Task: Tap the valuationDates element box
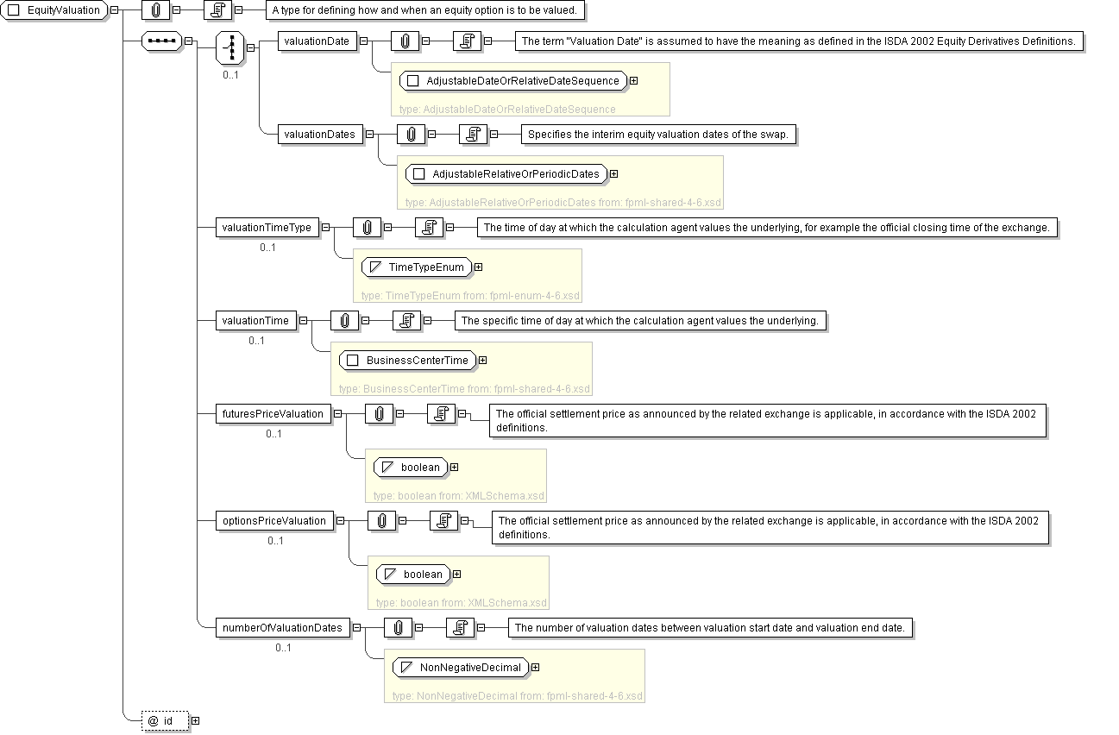click(318, 134)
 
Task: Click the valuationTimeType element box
click(267, 228)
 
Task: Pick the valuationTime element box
click(255, 321)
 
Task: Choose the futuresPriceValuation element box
click(273, 414)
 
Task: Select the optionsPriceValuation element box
click(274, 521)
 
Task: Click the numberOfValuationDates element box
click(282, 628)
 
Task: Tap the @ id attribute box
click(166, 720)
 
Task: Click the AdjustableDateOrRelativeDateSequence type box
click(514, 81)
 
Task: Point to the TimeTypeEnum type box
click(417, 267)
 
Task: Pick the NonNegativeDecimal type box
click(461, 668)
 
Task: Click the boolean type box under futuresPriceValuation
click(412, 468)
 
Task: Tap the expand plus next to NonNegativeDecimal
click(536, 668)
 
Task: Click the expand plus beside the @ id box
click(195, 720)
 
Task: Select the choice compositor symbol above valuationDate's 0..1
click(230, 47)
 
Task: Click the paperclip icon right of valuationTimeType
click(367, 228)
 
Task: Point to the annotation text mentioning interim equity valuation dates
click(657, 135)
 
